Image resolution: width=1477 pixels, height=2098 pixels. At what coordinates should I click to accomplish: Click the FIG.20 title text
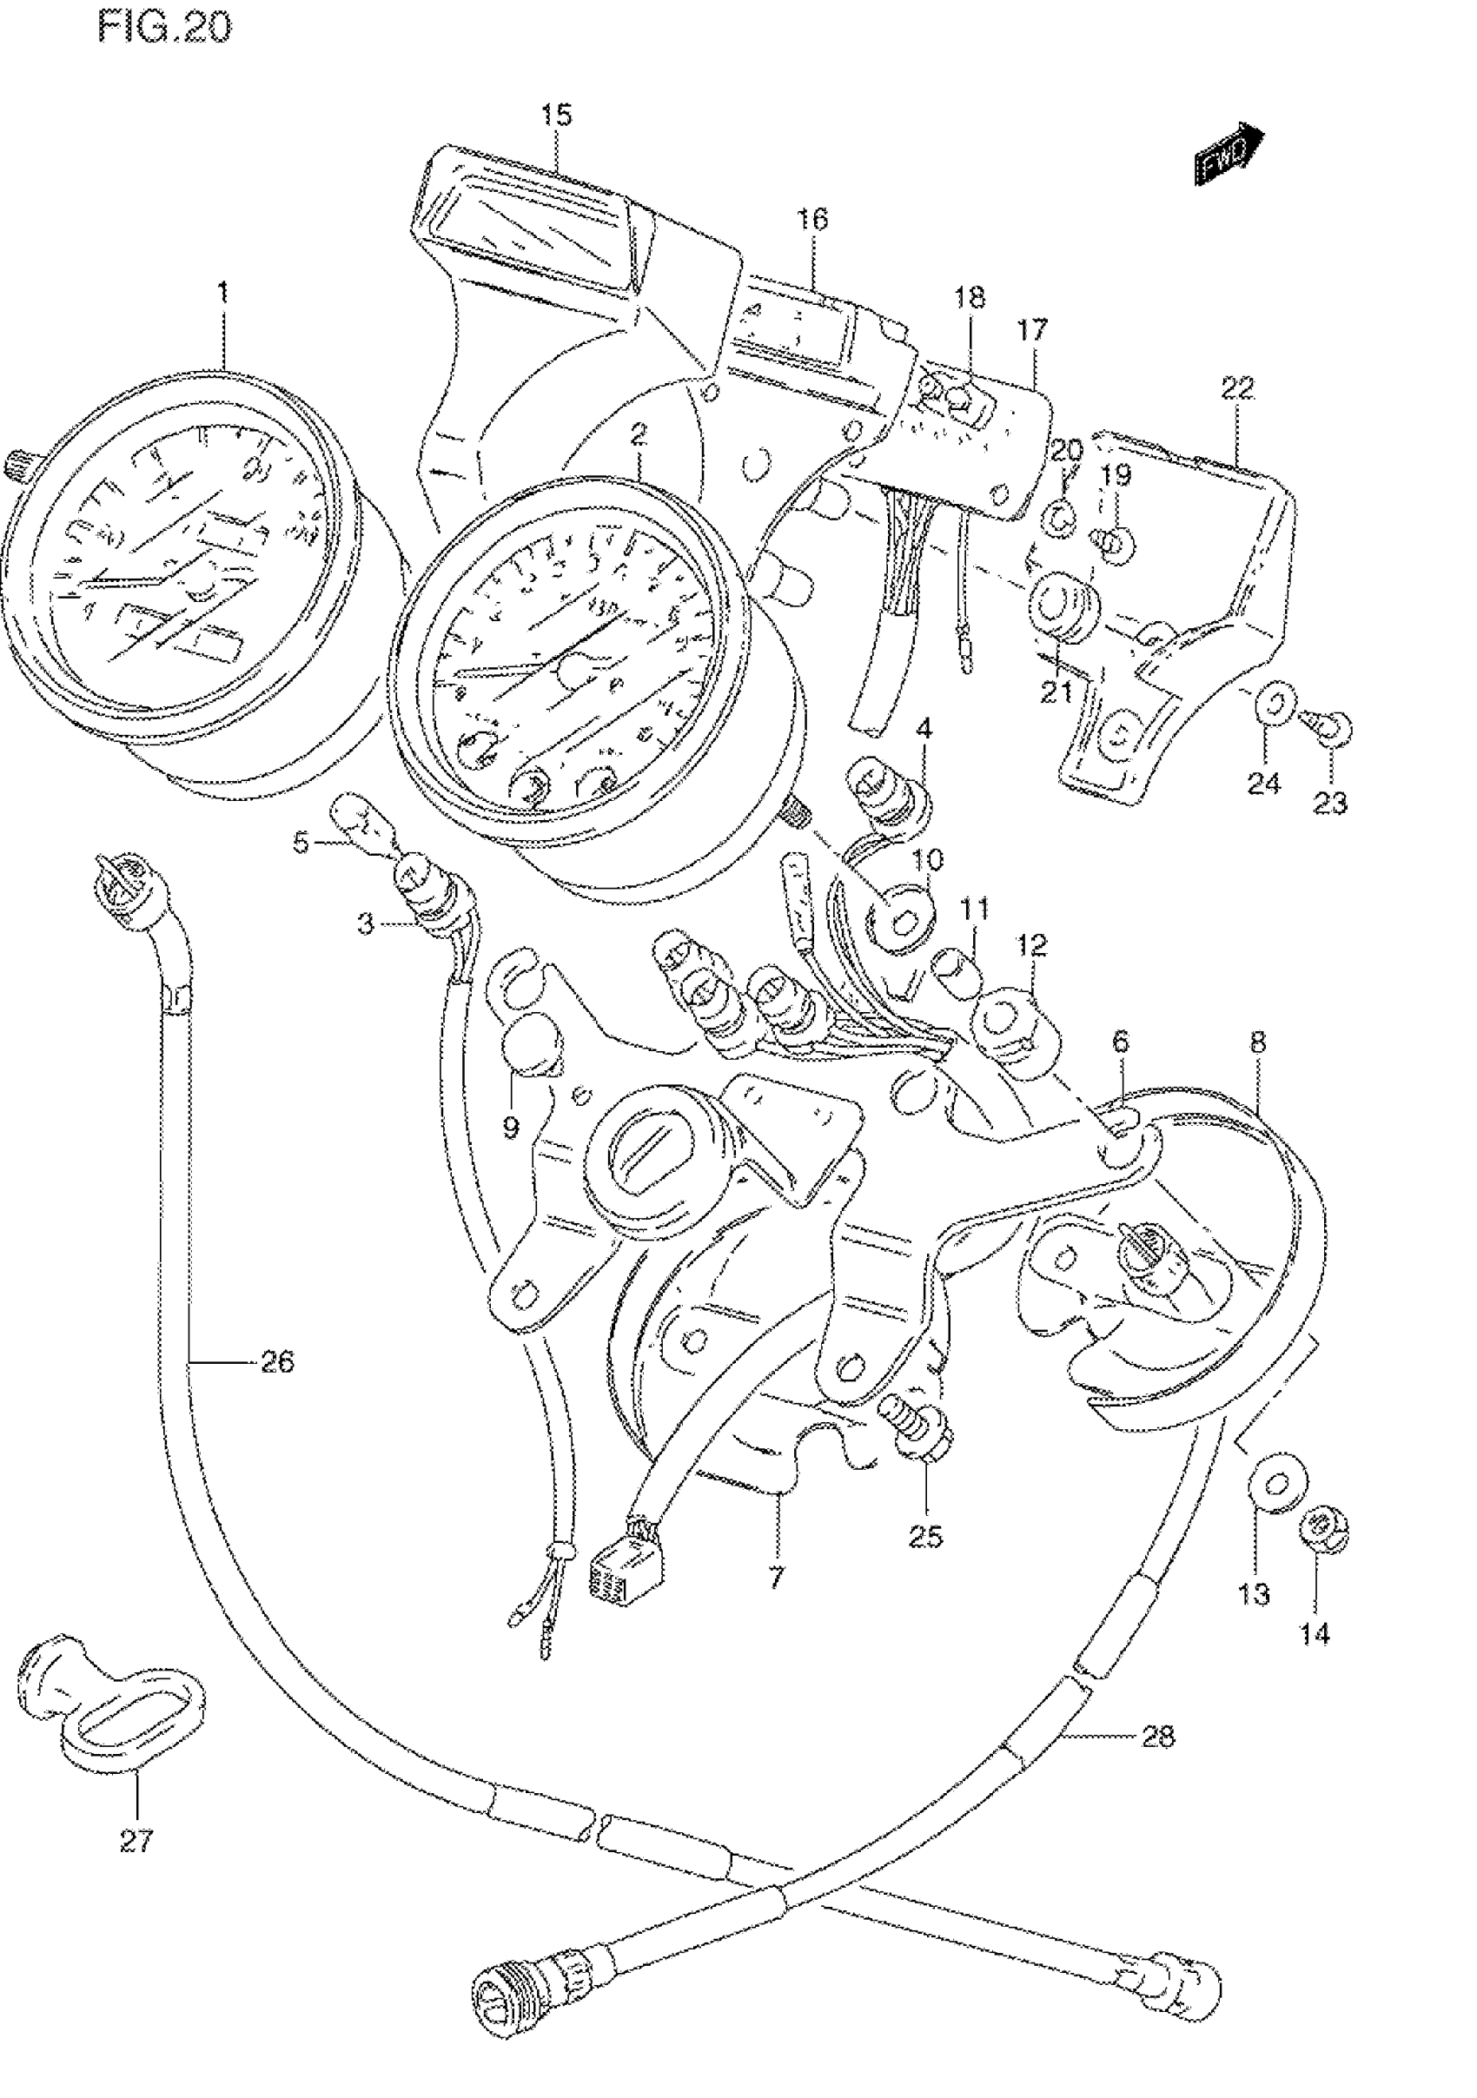point(165,29)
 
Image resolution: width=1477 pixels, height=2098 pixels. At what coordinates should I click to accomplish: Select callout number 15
point(556,116)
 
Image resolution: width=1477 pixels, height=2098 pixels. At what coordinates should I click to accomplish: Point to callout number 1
point(222,294)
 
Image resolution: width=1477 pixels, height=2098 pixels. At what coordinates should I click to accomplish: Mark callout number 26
point(278,1388)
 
